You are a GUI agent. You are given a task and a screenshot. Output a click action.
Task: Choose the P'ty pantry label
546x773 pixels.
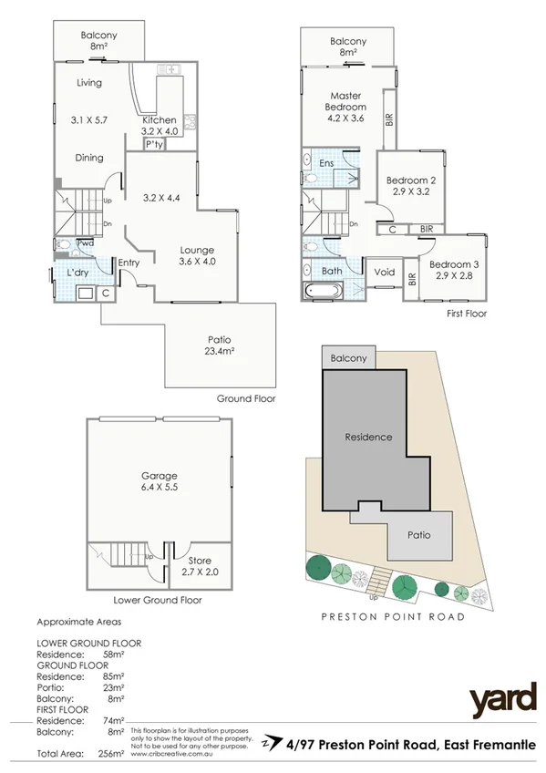coord(153,144)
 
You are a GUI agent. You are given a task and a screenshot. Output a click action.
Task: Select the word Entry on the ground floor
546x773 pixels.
coord(129,263)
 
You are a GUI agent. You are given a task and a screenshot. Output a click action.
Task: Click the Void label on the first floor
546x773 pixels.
coord(384,272)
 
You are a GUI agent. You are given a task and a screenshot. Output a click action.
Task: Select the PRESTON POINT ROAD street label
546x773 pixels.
coord(393,617)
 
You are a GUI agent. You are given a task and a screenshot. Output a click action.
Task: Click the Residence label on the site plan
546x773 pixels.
coord(368,437)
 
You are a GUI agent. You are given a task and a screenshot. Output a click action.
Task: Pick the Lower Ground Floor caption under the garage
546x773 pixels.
coord(158,601)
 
